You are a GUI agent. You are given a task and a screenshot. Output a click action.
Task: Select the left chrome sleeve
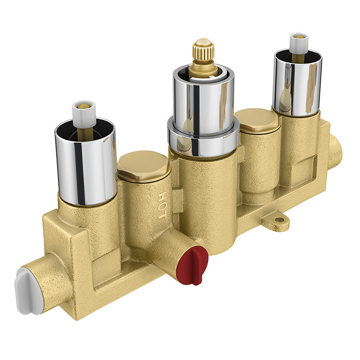[85, 163]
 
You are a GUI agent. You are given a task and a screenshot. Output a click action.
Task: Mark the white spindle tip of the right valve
[298, 42]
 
